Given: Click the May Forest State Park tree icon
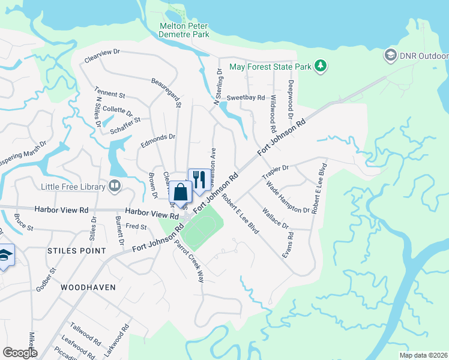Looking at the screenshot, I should click(x=321, y=66).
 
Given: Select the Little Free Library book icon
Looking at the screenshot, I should click(x=114, y=187).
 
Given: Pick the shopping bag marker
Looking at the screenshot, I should click(x=179, y=193).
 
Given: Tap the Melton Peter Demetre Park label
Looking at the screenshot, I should click(x=184, y=30).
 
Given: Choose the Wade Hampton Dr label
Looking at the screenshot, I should click(x=288, y=197).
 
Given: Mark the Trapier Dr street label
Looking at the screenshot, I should click(x=277, y=172).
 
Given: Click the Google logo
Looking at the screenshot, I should click(x=20, y=353).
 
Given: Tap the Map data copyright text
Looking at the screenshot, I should click(x=423, y=355).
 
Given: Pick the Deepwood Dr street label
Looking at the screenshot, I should click(x=291, y=95).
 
